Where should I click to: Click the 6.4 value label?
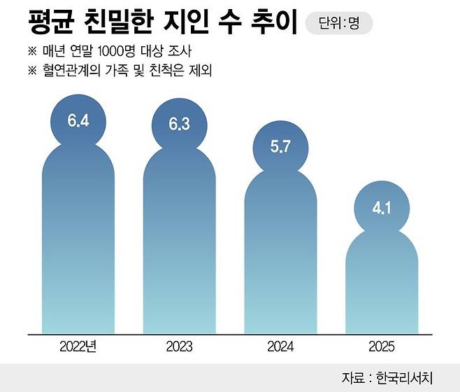pyautogui.click(x=78, y=120)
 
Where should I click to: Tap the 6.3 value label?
pyautogui.click(x=179, y=125)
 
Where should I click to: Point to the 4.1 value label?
pyautogui.click(x=381, y=207)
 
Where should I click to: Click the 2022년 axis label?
pyautogui.click(x=78, y=346)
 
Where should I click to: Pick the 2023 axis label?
pyautogui.click(x=179, y=346)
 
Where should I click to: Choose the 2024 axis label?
pyautogui.click(x=280, y=346)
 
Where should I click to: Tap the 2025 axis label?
pyautogui.click(x=381, y=346)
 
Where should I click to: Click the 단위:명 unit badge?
pyautogui.click(x=339, y=23)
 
